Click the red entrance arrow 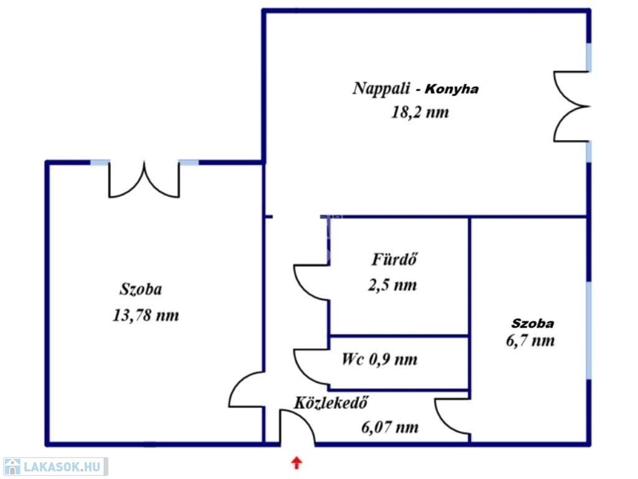point(297,463)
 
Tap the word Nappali point(381,89)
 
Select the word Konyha point(452,89)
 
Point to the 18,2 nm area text point(420,112)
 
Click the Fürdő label point(394,259)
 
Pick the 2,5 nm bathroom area point(393,285)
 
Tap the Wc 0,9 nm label point(379,359)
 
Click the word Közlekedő point(331,402)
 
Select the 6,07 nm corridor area point(390,427)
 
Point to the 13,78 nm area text point(146,315)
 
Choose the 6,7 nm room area point(530,341)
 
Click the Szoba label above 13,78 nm point(141,289)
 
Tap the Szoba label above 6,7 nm point(533,324)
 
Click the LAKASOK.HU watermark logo point(55,467)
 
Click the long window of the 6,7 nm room point(589,330)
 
